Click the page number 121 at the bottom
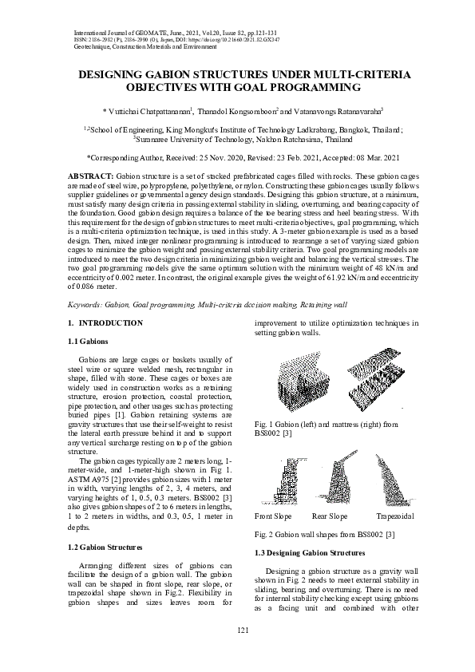[237, 654]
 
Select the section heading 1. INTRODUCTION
[105, 323]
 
